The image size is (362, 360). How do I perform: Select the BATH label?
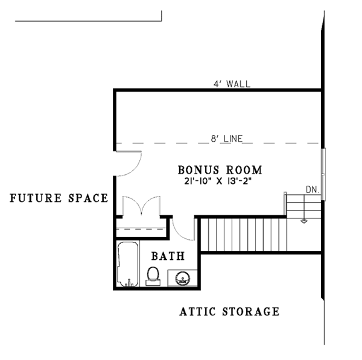tap(167, 256)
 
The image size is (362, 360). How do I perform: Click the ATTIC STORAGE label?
tap(229, 312)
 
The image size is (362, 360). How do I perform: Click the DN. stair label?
tap(312, 189)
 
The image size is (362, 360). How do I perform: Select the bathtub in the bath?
tap(127, 264)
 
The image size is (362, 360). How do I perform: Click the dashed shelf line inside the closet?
tap(140, 229)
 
